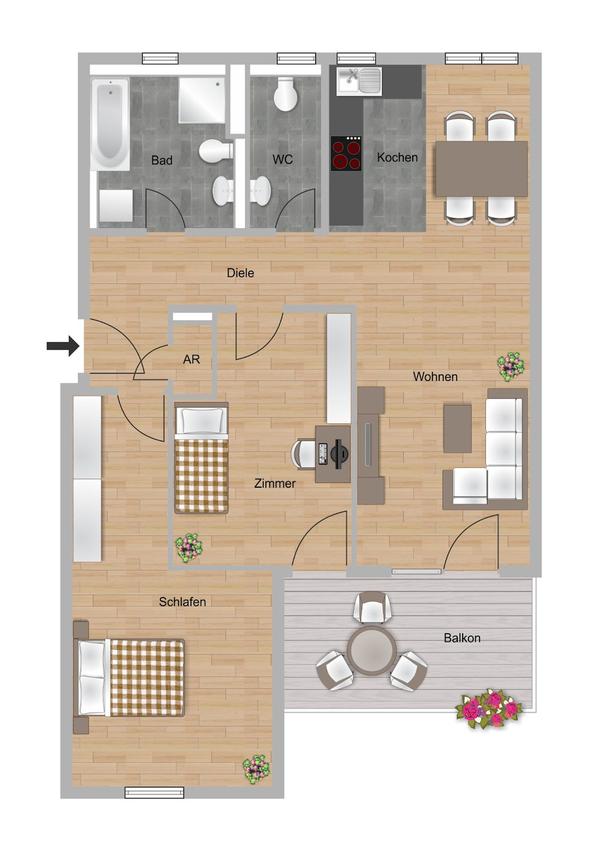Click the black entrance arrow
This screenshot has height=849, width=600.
point(62,346)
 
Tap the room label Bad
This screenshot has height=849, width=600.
point(161,160)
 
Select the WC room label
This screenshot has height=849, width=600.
point(283,159)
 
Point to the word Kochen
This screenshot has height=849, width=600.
point(397,157)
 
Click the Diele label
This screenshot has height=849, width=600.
point(241,272)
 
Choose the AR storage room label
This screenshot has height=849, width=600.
point(191,359)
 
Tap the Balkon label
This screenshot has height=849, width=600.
point(462,638)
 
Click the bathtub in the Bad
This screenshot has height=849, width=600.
point(110,124)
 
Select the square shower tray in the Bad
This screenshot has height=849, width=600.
point(202,100)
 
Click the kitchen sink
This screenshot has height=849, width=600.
point(359,81)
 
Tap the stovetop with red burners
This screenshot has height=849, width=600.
point(346,153)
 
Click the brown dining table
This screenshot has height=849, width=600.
point(481,169)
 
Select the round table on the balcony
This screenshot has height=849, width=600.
point(371,650)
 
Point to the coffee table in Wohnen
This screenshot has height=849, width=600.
point(457,428)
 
